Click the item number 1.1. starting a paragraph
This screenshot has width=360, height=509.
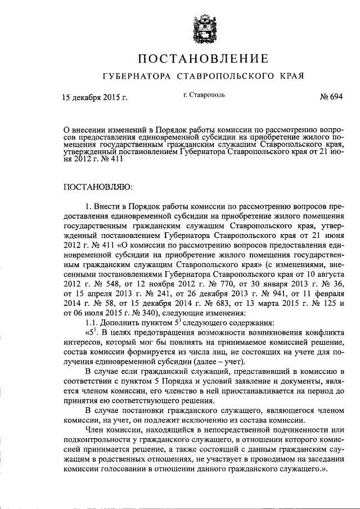[93, 323]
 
